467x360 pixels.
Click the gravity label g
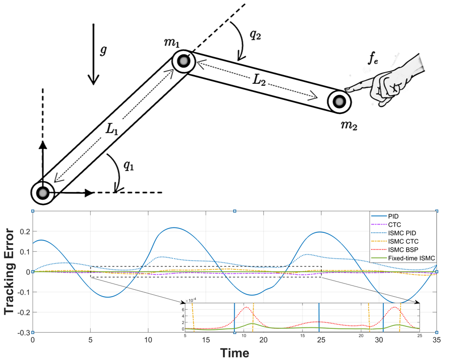tap(103, 51)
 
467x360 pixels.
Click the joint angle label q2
tap(256, 35)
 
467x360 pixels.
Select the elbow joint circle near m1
tap(183, 62)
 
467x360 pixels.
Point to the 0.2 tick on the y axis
tap(22, 231)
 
